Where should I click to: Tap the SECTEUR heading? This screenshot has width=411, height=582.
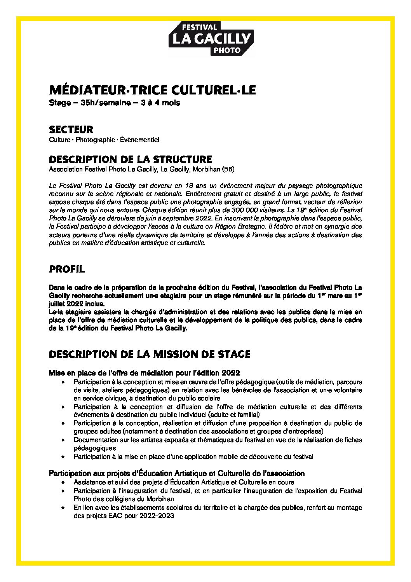(71, 129)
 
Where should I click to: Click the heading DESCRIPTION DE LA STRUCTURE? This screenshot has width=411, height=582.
(130, 159)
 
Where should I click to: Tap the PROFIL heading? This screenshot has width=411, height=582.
(66, 269)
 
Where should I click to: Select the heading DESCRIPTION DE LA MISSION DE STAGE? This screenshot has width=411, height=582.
(150, 354)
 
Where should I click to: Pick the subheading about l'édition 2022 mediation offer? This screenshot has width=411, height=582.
(144, 372)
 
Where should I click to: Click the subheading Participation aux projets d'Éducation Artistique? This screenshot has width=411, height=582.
(176, 473)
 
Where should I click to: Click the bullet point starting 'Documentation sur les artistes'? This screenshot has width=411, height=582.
(218, 440)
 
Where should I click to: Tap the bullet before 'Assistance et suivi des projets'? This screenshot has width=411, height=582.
(63, 482)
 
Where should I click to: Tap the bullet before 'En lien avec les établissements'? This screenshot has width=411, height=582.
(63, 508)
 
